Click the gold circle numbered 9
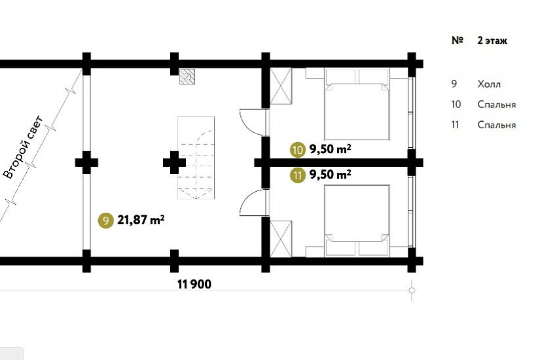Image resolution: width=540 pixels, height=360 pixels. click(x=106, y=220)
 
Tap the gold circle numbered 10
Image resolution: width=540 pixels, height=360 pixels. click(x=298, y=150)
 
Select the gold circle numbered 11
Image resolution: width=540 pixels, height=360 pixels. click(x=298, y=175)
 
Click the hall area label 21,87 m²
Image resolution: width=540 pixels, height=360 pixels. click(x=141, y=219)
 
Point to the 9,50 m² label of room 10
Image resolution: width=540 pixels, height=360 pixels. click(x=331, y=149)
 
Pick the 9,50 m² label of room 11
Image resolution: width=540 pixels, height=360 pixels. click(x=331, y=174)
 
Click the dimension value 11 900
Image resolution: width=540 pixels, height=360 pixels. click(x=194, y=284)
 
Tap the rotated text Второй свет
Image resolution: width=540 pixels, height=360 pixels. click(x=23, y=147)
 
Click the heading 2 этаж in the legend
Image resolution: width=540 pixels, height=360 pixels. click(x=492, y=41)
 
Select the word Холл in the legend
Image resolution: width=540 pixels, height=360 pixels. click(x=489, y=84)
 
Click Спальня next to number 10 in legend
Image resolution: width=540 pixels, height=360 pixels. click(x=497, y=104)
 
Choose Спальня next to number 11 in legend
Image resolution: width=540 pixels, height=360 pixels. click(x=497, y=125)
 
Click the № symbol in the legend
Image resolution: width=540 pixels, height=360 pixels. click(x=458, y=41)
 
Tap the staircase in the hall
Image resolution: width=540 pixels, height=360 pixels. click(x=196, y=158)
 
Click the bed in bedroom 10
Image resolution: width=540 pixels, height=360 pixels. click(x=357, y=104)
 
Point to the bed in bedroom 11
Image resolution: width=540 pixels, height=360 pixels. click(x=357, y=221)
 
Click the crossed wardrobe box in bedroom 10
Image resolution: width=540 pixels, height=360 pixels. click(x=281, y=86)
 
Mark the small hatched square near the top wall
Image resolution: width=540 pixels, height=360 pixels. click(x=187, y=77)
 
